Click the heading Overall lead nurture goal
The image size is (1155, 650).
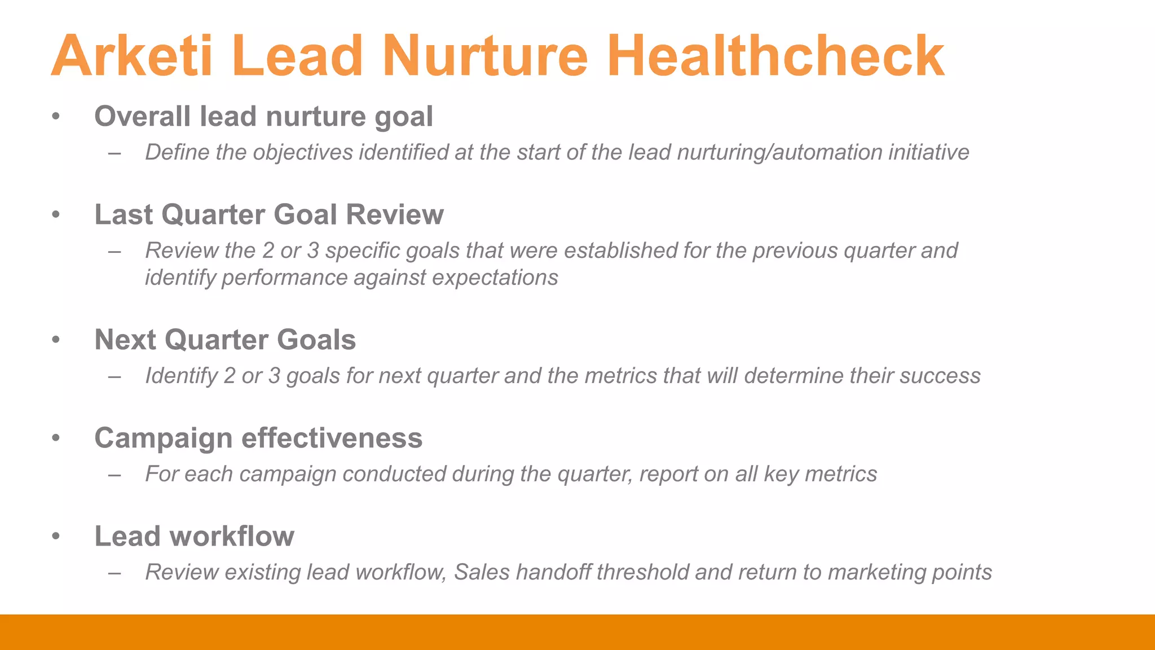[x=263, y=117]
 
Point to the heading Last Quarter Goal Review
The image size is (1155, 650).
[x=269, y=215]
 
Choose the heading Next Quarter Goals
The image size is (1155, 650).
[x=225, y=340]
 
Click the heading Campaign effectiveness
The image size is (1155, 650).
[x=258, y=438]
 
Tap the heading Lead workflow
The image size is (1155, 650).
[x=194, y=537]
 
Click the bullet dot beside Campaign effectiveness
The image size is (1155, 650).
[x=55, y=438]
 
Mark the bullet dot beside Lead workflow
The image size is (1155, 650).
[x=55, y=537]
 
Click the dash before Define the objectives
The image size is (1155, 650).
[x=115, y=153]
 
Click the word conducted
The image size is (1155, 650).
[x=394, y=474]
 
